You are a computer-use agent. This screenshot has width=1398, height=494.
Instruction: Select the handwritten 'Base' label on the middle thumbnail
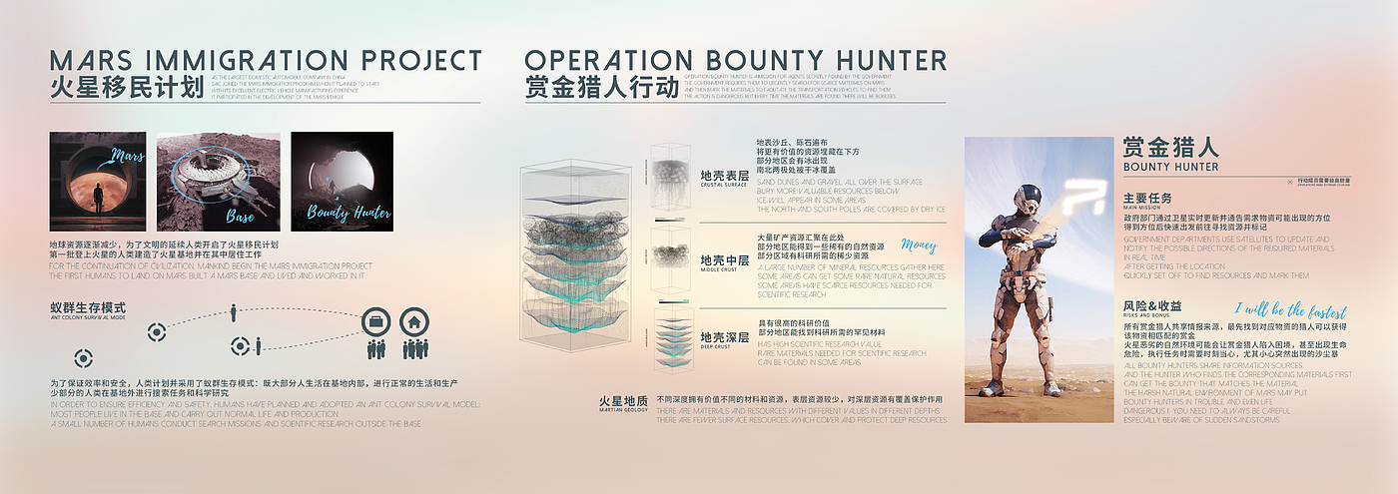click(239, 215)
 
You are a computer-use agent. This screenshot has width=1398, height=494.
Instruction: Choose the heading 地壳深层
click(725, 337)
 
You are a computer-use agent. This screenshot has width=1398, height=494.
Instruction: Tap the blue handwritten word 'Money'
click(919, 245)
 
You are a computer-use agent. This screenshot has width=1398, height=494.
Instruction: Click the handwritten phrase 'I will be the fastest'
click(1289, 311)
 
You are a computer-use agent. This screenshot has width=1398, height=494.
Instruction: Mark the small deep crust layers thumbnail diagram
click(671, 339)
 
